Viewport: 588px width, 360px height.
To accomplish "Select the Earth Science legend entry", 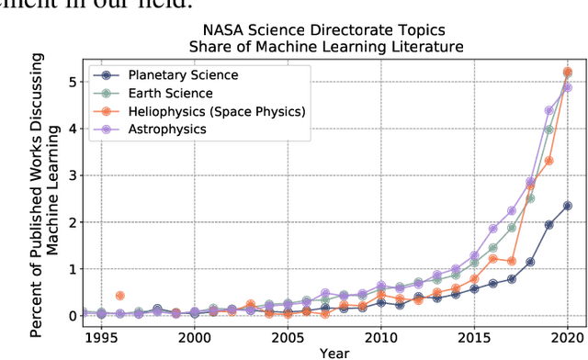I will point(170,94).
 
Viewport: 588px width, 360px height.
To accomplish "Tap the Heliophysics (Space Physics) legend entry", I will point(216,112).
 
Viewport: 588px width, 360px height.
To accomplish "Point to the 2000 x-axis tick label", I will point(194,336).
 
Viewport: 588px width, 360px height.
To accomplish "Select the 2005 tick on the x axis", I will point(288,336).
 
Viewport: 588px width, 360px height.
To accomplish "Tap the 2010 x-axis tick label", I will point(381,336).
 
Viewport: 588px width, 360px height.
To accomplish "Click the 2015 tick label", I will point(474,336).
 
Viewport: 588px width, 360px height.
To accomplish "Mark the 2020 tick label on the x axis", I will point(567,336).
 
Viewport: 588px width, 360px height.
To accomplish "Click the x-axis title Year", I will point(334,352).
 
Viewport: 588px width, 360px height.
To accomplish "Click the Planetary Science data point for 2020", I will point(567,206).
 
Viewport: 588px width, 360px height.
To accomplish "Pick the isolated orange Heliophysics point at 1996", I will point(119,296).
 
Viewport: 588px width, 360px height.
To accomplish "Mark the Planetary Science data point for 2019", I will point(548,224).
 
